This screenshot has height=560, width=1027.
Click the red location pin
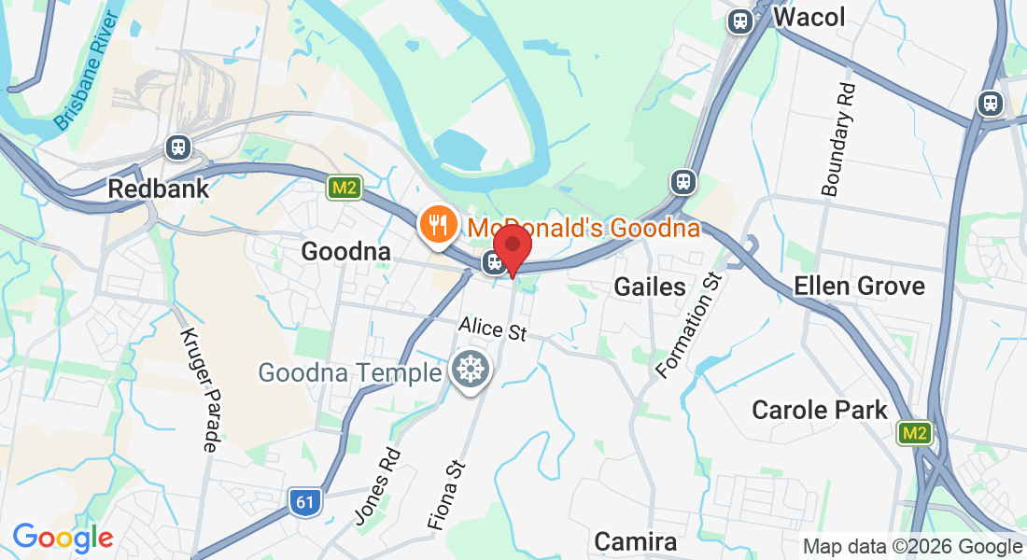tap(513, 247)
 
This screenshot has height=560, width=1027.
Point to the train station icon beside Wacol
tap(741, 21)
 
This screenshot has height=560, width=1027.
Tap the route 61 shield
tap(304, 502)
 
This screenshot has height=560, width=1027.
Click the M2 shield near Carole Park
tap(913, 432)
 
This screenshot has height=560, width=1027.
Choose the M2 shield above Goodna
tap(344, 189)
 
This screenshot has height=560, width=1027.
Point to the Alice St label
tap(492, 329)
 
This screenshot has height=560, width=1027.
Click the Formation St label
tap(690, 325)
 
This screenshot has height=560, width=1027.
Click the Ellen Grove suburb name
tap(859, 286)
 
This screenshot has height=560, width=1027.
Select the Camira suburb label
tap(635, 541)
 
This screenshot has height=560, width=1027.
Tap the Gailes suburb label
tap(650, 287)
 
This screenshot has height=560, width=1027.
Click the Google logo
tap(63, 538)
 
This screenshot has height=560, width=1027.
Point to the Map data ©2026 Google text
tap(912, 547)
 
